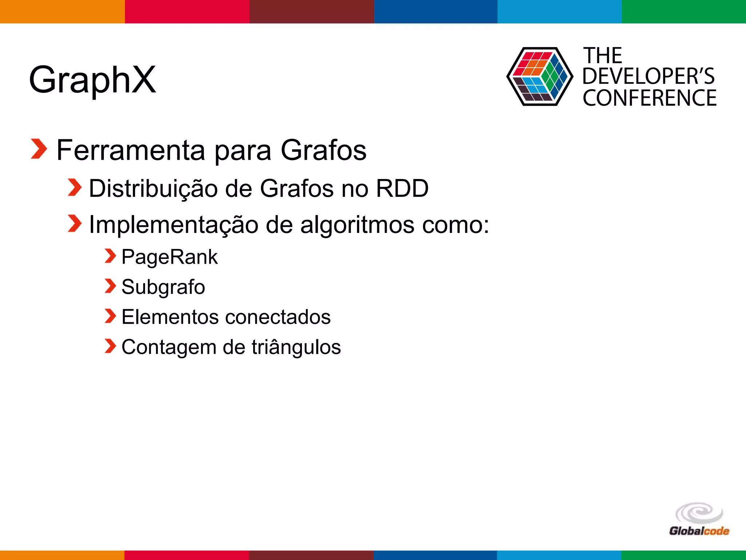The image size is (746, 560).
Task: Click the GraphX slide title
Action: pyautogui.click(x=93, y=79)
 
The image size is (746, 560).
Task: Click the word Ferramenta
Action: pyautogui.click(x=131, y=150)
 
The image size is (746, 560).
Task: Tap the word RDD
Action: pyautogui.click(x=402, y=188)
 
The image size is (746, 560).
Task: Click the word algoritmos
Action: pyautogui.click(x=357, y=225)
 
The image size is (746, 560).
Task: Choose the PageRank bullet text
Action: pyautogui.click(x=169, y=257)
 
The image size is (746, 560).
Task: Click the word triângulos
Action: pyautogui.click(x=296, y=347)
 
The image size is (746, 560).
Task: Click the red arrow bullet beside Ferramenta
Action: pyautogui.click(x=39, y=149)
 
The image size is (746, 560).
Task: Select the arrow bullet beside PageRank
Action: pyautogui.click(x=110, y=256)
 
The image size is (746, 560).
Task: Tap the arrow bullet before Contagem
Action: pyautogui.click(x=110, y=346)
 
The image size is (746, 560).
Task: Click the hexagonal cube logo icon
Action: pyautogui.click(x=539, y=77)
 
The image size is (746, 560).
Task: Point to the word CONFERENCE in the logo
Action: pyautogui.click(x=649, y=98)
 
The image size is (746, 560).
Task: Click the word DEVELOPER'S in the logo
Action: pyautogui.click(x=648, y=77)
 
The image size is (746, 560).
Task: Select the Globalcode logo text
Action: pyautogui.click(x=699, y=531)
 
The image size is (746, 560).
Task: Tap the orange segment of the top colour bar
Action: pyautogui.click(x=62, y=11)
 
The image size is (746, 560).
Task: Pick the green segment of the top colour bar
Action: pyautogui.click(x=684, y=11)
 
